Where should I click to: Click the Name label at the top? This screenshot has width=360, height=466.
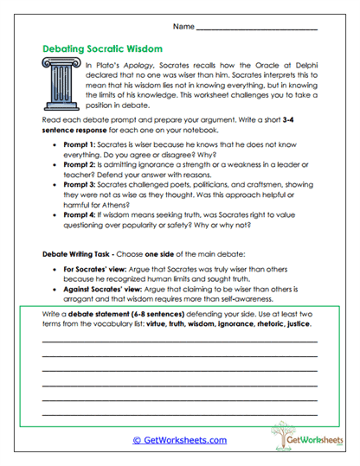click(x=183, y=28)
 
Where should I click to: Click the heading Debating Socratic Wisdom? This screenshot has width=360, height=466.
click(x=102, y=49)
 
